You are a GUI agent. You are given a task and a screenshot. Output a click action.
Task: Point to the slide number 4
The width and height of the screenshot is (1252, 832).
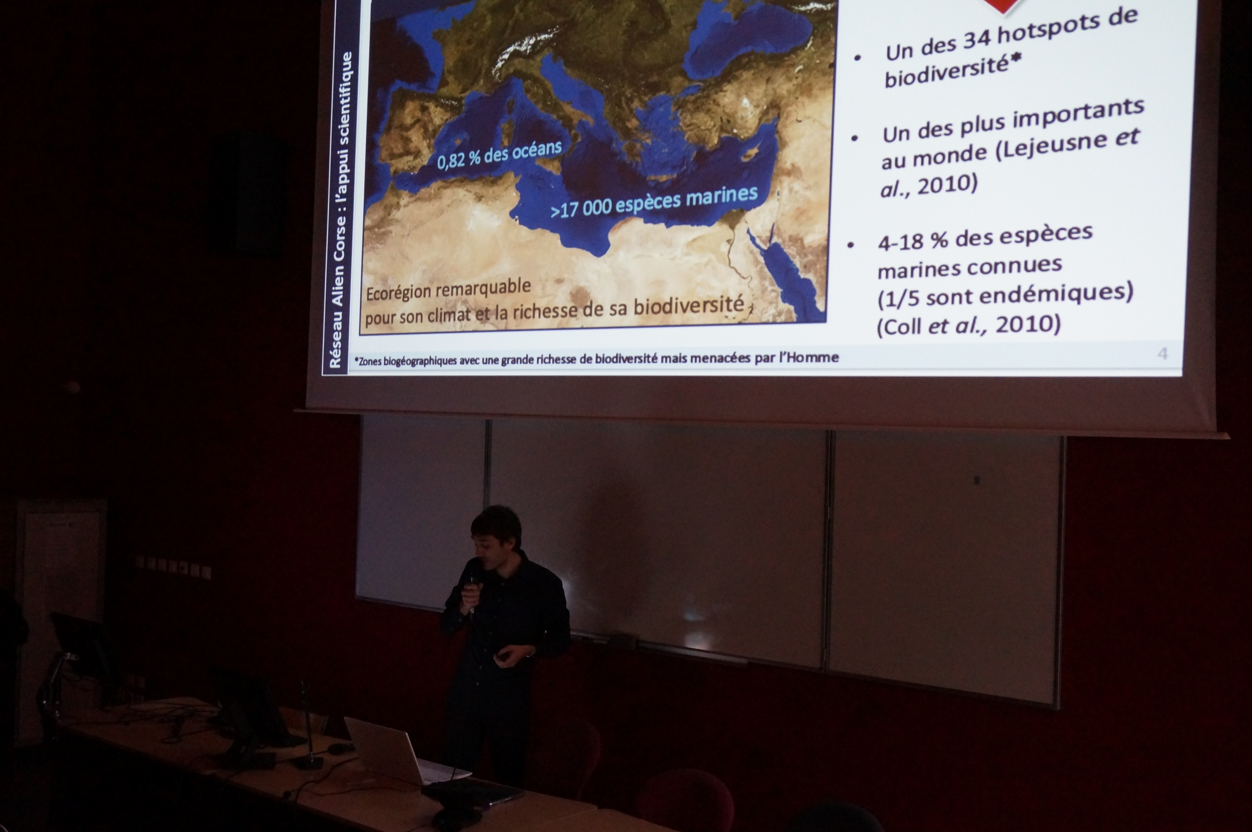[x=1162, y=353]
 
